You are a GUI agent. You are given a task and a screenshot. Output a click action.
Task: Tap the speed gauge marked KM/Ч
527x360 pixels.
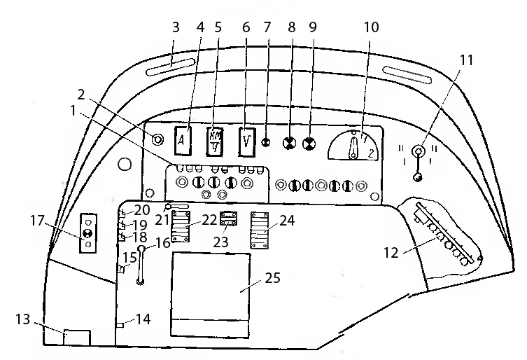(x=216, y=140)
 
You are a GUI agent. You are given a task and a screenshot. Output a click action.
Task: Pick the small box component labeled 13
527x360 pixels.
(x=76, y=337)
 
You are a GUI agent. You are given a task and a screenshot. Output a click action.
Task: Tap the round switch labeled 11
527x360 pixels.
(x=419, y=151)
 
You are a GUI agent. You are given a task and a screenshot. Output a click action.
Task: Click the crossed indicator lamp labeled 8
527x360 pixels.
(x=288, y=144)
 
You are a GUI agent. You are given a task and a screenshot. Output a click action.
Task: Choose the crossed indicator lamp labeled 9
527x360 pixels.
(x=309, y=144)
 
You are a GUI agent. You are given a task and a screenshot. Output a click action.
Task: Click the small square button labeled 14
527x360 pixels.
(x=120, y=324)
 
